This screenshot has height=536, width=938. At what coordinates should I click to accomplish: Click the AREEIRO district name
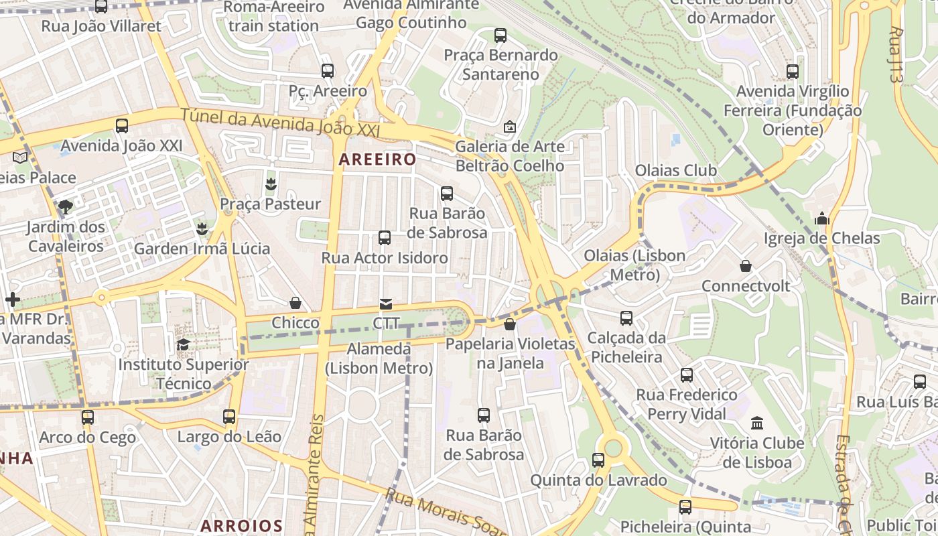pos(377,159)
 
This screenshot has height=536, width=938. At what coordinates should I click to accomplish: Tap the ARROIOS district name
pos(242,525)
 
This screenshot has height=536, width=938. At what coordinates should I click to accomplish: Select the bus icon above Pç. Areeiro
pos(328,70)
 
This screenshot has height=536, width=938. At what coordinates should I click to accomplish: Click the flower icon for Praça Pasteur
pos(271,183)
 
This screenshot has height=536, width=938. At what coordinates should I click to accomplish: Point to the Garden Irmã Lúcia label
pos(202,249)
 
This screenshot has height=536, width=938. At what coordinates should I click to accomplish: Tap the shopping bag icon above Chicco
pos(295,303)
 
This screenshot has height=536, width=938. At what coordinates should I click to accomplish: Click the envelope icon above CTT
pos(386,304)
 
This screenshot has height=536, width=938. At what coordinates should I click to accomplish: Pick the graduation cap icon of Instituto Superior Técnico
pos(183,344)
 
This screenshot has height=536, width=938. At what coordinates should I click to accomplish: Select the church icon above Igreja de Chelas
pos(822,218)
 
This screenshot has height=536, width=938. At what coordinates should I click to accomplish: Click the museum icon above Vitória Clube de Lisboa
pos(757,423)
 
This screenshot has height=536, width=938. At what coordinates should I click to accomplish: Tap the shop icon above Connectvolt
pos(745,266)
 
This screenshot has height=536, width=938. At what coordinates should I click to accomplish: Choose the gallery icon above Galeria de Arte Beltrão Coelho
pos(509,126)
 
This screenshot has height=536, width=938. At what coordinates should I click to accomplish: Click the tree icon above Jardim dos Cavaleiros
pos(65,206)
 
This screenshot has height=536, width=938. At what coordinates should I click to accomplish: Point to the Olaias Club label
pos(675,170)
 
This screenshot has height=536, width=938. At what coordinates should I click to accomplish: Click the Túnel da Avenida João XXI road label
pos(279,124)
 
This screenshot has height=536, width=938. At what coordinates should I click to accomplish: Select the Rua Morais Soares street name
pos(446,513)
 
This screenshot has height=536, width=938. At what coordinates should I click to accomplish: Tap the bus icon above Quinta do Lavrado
pos(598,460)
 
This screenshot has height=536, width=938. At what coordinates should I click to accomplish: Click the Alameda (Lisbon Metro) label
pos(379,358)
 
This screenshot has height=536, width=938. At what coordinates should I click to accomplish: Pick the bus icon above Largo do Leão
pos(229,417)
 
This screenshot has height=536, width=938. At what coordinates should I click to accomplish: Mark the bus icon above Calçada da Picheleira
pos(626,318)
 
